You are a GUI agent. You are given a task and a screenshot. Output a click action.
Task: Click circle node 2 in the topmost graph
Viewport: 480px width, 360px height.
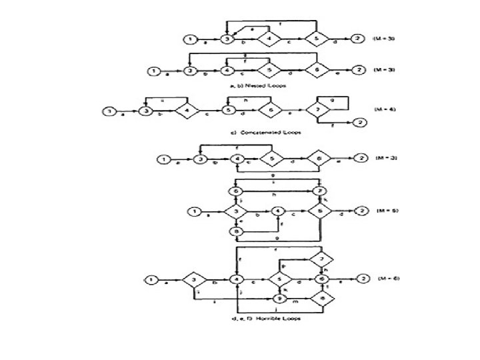pos(359,39)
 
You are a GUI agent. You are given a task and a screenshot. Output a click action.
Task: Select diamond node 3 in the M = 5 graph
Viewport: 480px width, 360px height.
pos(235,212)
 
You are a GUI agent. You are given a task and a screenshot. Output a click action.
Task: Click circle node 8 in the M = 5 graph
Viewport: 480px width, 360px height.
pos(235,231)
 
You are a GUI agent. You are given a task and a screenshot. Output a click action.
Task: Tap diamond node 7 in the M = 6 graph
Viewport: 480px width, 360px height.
pos(325,258)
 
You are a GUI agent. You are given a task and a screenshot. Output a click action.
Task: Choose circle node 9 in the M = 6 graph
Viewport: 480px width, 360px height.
pos(280,298)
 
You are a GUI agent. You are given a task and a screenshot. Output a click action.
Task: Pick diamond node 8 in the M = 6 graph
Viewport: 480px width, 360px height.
pos(325,298)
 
